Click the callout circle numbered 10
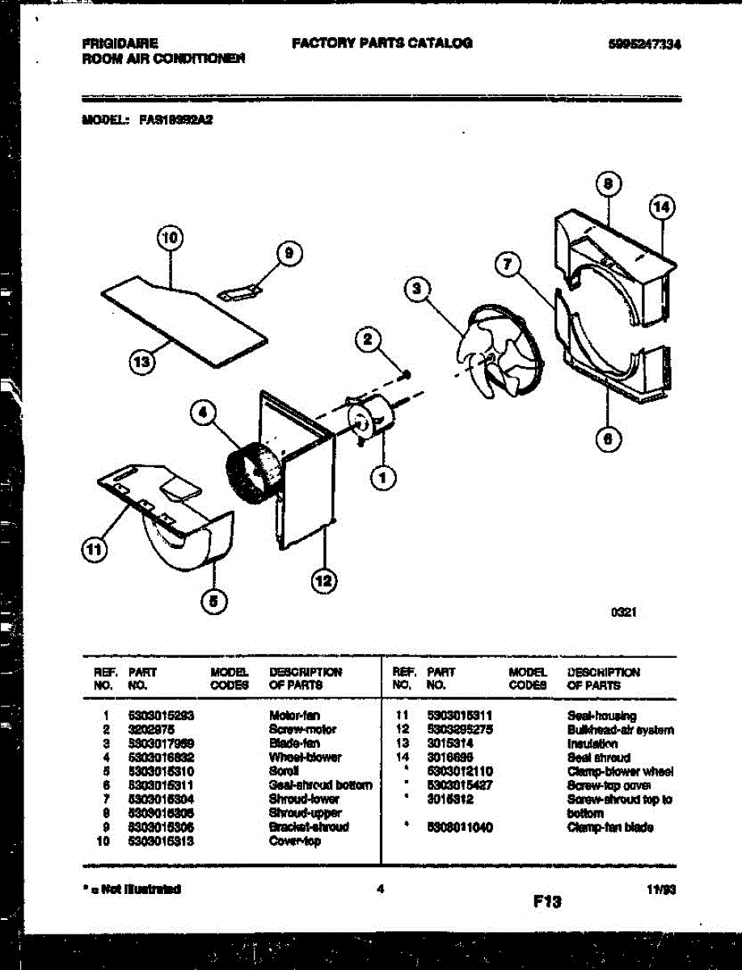[169, 238]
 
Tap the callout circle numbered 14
[661, 207]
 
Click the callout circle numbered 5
[214, 601]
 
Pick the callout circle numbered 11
[95, 550]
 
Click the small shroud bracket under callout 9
[243, 291]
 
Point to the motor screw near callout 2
[407, 373]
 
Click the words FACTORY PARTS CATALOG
[382, 44]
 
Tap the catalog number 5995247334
[643, 44]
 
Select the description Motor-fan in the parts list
[293, 715]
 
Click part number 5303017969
[161, 743]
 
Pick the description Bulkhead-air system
[620, 730]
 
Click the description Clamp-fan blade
[610, 828]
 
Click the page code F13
[546, 901]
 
